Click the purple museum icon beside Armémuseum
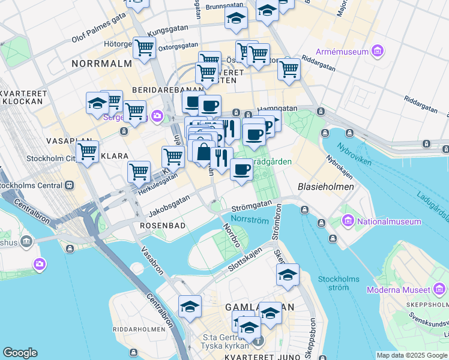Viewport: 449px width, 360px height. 378,52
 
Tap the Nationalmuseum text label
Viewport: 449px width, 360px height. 389,221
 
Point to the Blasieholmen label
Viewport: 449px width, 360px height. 325,187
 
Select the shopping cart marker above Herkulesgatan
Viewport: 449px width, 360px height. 139,171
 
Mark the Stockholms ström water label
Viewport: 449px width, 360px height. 339,283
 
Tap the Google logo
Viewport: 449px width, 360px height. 20,353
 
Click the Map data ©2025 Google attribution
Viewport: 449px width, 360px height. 412,355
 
